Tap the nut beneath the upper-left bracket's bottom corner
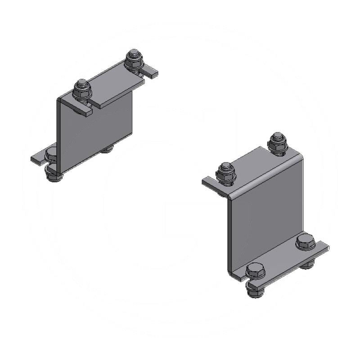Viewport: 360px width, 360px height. click(54, 175)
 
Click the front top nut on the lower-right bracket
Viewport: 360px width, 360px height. click(226, 173)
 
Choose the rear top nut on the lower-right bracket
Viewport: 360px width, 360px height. click(277, 143)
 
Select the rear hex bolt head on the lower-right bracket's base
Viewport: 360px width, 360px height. click(306, 241)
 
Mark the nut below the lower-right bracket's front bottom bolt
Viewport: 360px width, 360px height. click(255, 291)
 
